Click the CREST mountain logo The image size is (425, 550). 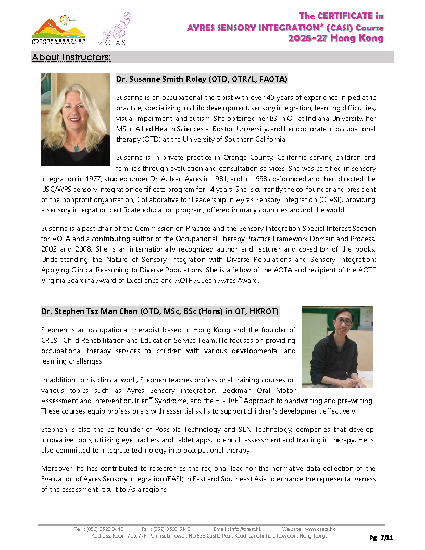58,30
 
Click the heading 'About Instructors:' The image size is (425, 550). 71,57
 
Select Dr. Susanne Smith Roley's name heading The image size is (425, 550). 202,79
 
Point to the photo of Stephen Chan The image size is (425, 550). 337,346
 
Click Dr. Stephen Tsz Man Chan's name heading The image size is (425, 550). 160,311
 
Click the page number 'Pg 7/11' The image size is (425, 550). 381,537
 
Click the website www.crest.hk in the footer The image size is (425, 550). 320,529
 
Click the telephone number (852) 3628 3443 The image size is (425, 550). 106,529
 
